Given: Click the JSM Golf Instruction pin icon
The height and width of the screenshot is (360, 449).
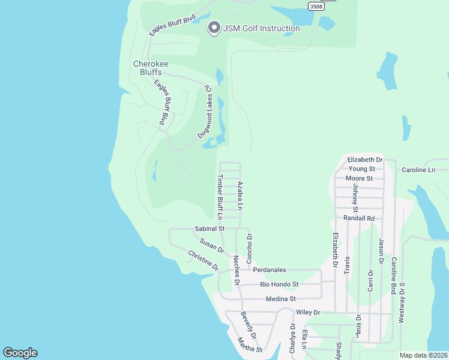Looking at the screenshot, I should [x=213, y=28].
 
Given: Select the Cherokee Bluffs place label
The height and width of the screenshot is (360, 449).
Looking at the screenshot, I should [x=147, y=67].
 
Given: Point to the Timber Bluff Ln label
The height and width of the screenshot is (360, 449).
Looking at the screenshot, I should [x=220, y=196].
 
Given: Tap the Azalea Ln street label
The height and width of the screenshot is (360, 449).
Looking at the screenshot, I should [x=240, y=196].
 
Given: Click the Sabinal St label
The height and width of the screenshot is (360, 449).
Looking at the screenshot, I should [x=209, y=229].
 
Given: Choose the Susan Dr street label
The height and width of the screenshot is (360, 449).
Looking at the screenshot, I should [x=212, y=245].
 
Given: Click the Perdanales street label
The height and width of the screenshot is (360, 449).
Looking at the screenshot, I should [x=269, y=270].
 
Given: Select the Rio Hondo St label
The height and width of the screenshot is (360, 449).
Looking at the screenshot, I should [x=280, y=284].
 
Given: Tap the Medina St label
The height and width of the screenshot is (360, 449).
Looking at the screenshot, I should [x=281, y=299].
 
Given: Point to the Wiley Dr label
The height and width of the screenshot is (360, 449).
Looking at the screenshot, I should [x=309, y=313].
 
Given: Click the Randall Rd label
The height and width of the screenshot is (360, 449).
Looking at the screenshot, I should [x=359, y=218].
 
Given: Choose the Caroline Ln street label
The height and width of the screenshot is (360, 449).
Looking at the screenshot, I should [x=418, y=170].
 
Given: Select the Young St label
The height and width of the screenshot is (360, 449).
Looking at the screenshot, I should [x=362, y=169].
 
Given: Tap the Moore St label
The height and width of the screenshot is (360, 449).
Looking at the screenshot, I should [x=360, y=178].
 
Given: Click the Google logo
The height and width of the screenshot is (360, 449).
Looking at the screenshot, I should [x=20, y=353].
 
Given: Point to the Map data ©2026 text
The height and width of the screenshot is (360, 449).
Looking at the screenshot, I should [x=423, y=355].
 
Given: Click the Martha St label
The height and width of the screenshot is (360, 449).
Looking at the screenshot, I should [x=250, y=346].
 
